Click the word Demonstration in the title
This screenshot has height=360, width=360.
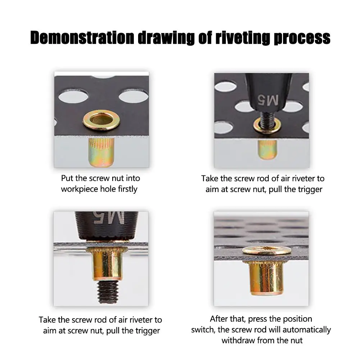point(82,38)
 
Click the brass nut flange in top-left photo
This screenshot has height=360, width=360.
point(101,120)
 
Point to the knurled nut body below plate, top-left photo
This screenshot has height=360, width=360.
point(101,152)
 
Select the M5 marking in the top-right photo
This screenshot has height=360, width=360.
point(268,100)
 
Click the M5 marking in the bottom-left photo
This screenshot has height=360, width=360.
point(109,218)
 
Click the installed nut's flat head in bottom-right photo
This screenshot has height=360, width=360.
point(267,250)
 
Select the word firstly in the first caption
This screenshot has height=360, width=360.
point(128,189)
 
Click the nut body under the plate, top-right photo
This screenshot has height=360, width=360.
point(267,150)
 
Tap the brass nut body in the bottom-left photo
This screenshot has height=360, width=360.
point(108,265)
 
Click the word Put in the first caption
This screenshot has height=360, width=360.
point(67,178)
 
